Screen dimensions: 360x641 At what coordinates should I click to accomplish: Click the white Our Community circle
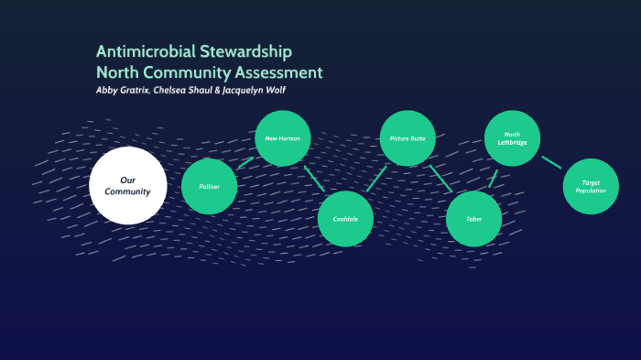click(127, 185)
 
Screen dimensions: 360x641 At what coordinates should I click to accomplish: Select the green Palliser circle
click(209, 186)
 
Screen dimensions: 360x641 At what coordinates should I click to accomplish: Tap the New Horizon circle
click(282, 138)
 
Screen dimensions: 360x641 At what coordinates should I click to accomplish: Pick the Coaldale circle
click(345, 219)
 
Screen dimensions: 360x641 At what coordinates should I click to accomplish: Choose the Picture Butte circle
click(407, 138)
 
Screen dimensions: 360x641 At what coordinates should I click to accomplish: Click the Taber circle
click(473, 219)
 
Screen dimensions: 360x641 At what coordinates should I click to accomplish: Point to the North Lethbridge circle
click(512, 138)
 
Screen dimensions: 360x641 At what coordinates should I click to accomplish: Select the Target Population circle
click(591, 185)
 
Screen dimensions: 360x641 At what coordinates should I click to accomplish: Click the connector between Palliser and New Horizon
click(244, 162)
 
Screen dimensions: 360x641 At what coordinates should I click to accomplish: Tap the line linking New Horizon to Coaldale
click(314, 179)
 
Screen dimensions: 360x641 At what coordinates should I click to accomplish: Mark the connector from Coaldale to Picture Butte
click(376, 179)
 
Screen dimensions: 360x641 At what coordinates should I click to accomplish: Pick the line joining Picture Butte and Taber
click(440, 178)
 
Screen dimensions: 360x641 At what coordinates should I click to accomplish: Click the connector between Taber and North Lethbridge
click(493, 178)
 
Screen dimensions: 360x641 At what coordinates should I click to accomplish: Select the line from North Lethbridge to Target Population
click(551, 162)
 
